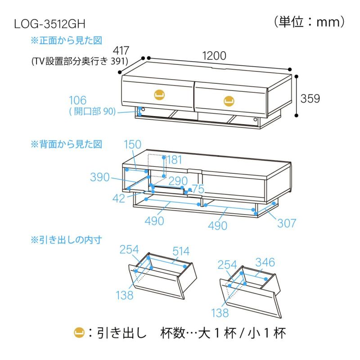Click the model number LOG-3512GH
coord(50,23)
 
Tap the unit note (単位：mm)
coord(309,21)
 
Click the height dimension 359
coord(310,99)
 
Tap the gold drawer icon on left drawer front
coord(159,94)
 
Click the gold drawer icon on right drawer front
coord(228,99)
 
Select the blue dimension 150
coord(132,144)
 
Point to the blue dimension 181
coord(175,160)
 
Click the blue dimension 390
coord(99,177)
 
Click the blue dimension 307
coord(286,223)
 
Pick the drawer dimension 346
coord(265,262)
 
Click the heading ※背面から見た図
coord(67,144)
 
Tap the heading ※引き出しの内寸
coord(67,239)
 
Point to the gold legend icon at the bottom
coord(79,333)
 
